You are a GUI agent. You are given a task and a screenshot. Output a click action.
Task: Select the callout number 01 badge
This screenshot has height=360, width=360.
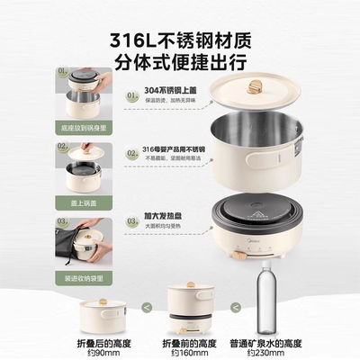coord(132,94)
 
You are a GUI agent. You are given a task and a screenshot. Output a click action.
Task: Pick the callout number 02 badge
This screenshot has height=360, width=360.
coord(132,155)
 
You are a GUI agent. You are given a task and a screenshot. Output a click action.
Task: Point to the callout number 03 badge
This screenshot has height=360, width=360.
coord(132,218)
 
